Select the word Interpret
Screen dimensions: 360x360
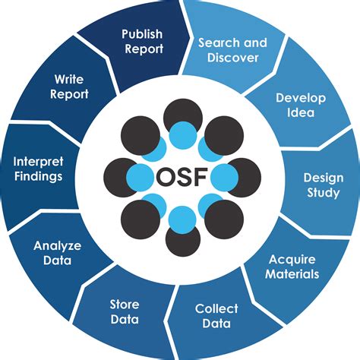[x=37, y=161]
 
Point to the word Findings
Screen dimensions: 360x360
[x=37, y=176]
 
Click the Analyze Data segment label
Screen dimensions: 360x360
[x=52, y=253]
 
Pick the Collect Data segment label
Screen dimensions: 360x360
[x=216, y=317]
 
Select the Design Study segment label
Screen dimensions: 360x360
[x=323, y=185]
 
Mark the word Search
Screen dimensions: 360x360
[x=216, y=43]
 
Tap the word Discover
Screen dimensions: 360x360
[x=233, y=58]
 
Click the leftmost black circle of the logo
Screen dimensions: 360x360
[x=119, y=176]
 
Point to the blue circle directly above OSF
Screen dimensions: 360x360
[x=182, y=137]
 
